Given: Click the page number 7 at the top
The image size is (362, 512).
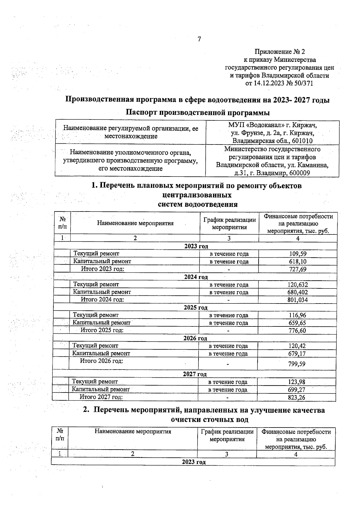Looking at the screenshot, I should pyautogui.click(x=199, y=39).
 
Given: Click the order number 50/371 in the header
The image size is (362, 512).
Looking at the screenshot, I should pyautogui.click(x=303, y=83).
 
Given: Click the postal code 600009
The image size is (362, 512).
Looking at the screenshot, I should pyautogui.click(x=299, y=173).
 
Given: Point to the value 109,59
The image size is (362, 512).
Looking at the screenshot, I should pyautogui.click(x=298, y=254).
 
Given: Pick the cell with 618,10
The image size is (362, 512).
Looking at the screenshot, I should pyautogui.click(x=298, y=262).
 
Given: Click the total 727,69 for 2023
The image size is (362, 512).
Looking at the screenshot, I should pyautogui.click(x=298, y=269).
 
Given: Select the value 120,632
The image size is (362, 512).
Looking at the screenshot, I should pyautogui.click(x=297, y=285).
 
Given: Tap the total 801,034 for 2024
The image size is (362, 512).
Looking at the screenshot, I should pyautogui.click(x=297, y=300).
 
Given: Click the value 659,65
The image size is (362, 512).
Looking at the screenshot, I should pyautogui.click(x=297, y=323).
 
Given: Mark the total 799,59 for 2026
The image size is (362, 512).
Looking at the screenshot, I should pyautogui.click(x=297, y=364).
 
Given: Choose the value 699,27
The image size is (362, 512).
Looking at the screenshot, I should pyautogui.click(x=297, y=390).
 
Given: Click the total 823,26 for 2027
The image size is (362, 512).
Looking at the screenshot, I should pyautogui.click(x=297, y=397).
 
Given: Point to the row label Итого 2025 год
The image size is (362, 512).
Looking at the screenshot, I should pyautogui.click(x=102, y=330).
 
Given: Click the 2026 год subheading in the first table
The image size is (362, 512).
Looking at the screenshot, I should pyautogui.click(x=195, y=338).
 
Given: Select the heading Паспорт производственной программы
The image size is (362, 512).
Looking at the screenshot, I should pyautogui.click(x=198, y=113).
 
